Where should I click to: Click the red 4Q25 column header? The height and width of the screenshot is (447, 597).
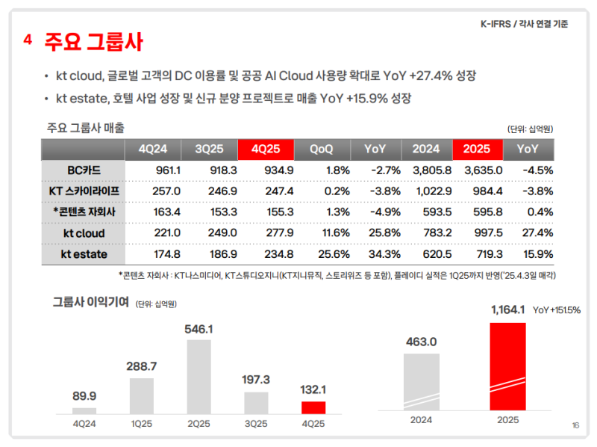coord(266,149)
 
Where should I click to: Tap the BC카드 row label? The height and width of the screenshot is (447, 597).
coord(84,170)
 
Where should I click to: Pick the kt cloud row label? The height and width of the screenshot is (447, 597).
coord(84,233)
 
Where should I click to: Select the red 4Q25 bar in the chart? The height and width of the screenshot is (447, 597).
coord(313,407)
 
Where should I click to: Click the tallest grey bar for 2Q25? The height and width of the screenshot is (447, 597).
coord(199,377)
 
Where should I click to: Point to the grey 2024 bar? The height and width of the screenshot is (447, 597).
coord(422,381)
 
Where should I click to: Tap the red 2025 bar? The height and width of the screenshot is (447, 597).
coord(507,366)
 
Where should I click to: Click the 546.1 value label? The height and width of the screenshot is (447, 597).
coord(199,329)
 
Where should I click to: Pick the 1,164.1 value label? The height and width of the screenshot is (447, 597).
coord(507,309)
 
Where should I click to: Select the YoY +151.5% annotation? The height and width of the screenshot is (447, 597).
coord(556,309)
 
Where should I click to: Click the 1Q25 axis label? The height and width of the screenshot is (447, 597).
coord(142,423)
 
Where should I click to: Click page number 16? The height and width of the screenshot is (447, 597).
coord(575,425)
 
